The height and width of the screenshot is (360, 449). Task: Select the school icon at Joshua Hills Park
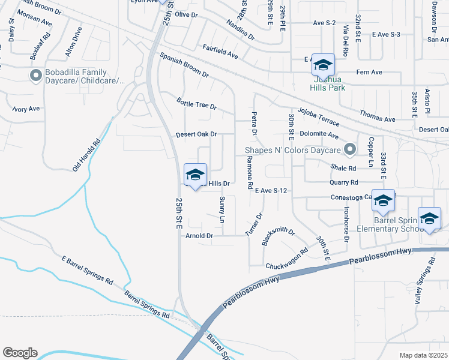[x=323, y=64]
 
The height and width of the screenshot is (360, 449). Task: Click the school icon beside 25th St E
[x=194, y=175]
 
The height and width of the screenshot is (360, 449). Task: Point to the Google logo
[x=20, y=353]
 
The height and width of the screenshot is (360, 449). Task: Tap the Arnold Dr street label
[x=199, y=236]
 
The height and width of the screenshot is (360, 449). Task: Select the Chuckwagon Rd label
[x=286, y=259]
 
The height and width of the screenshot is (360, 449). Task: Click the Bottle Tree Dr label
[x=196, y=104]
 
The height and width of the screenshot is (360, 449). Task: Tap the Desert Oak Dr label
[x=196, y=135]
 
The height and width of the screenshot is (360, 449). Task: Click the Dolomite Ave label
[x=319, y=134]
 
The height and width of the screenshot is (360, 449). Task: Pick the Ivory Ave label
[x=26, y=109]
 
